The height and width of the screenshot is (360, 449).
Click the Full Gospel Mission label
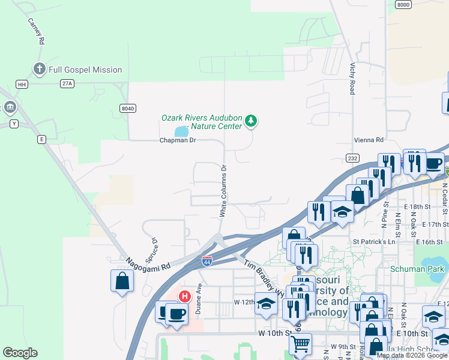86,70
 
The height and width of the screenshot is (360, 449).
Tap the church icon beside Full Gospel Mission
40,69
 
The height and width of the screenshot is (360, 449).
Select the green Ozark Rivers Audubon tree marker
251,122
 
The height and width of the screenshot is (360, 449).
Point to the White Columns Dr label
223,190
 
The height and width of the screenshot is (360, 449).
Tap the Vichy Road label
352,78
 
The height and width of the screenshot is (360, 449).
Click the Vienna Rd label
368,140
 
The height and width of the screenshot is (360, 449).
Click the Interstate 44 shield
206,261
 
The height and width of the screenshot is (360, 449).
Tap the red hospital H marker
185,296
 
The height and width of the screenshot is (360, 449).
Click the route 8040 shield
127,108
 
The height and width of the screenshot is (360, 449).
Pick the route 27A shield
67,84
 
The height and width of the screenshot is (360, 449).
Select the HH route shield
22,84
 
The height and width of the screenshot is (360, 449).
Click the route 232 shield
352,157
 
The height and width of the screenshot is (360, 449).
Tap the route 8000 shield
403,4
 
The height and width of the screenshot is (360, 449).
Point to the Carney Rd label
37,31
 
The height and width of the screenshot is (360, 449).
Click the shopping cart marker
300,344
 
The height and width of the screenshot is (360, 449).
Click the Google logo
20,353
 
